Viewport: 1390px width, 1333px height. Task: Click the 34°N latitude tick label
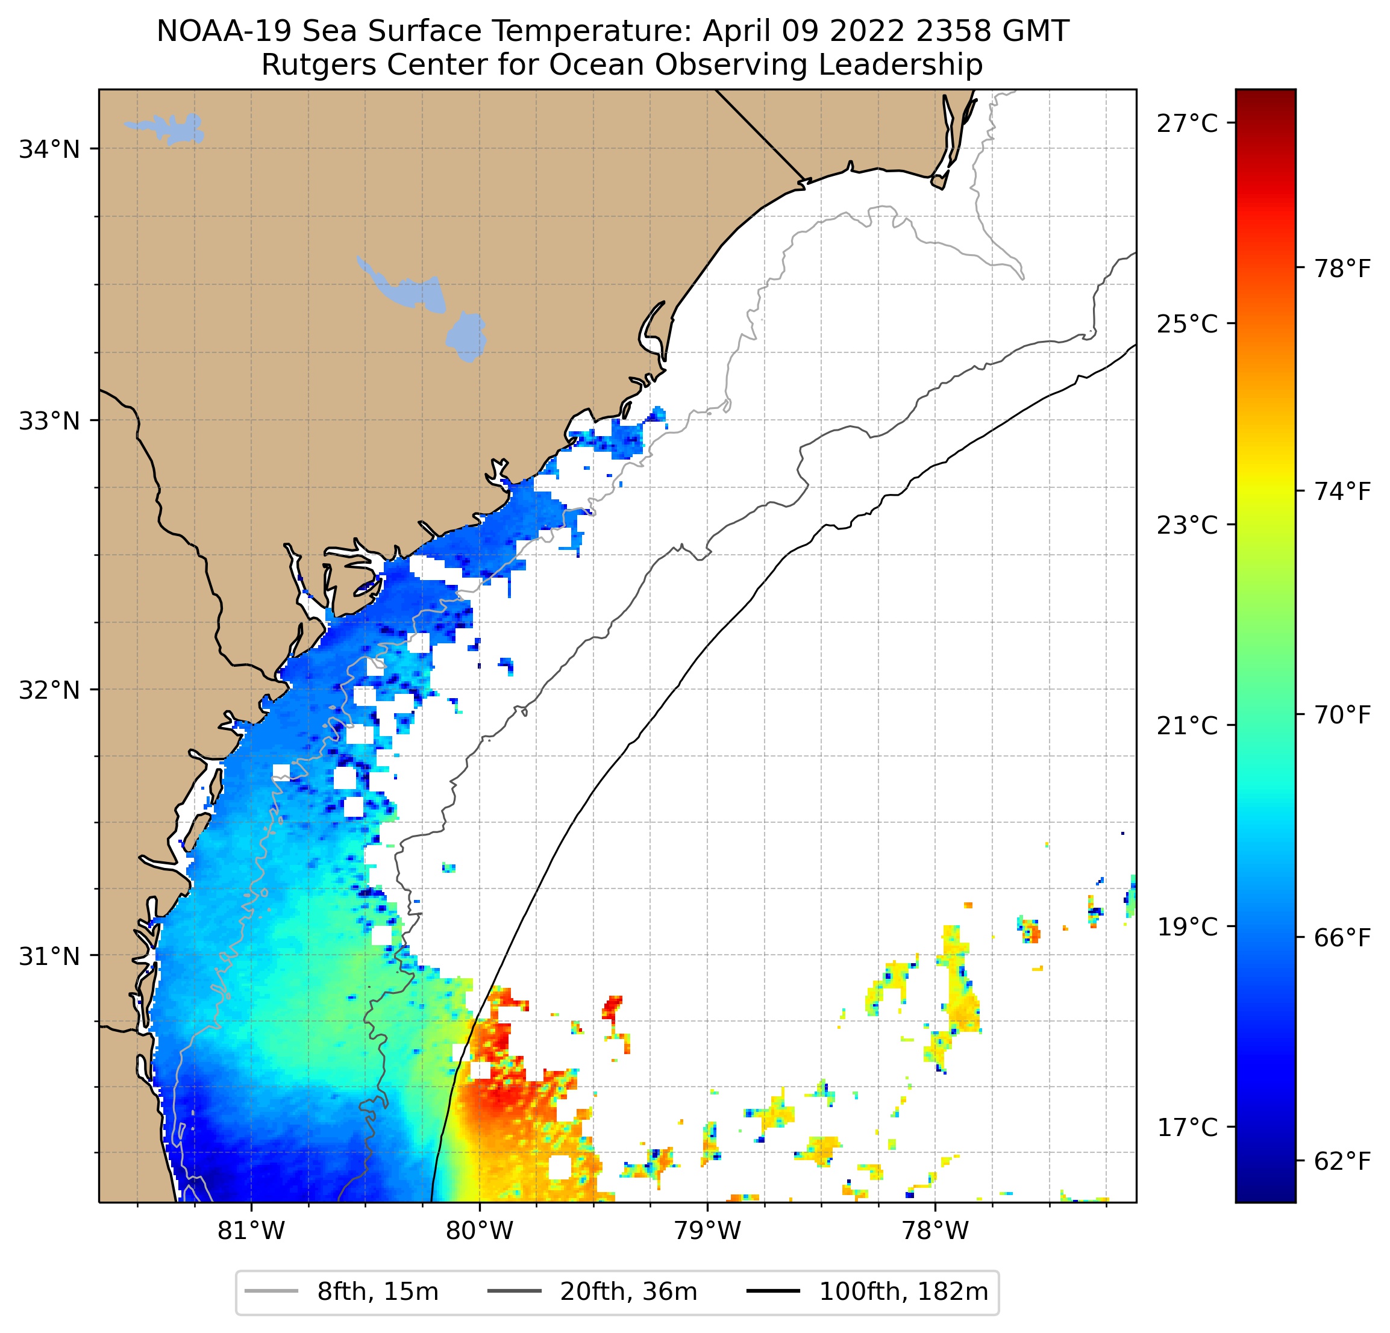49,151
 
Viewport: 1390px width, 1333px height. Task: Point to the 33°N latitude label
49,421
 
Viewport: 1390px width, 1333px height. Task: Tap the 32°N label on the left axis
49,690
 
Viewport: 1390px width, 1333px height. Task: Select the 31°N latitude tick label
49,957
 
